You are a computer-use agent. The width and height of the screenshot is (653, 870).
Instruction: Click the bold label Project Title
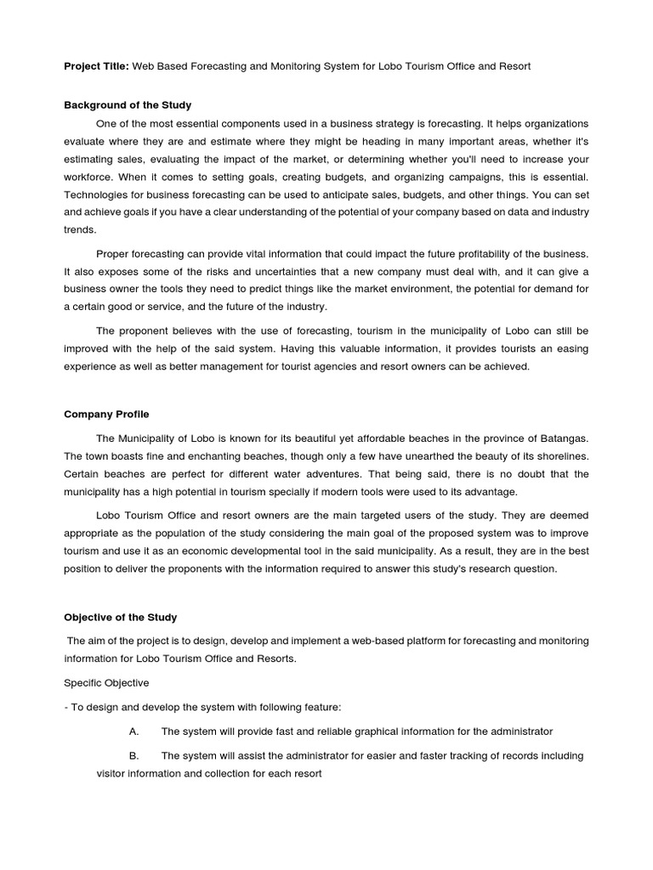(x=96, y=66)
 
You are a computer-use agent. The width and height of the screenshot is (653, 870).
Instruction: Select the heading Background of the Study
(x=128, y=105)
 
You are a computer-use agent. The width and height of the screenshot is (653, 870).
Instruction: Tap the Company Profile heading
(x=106, y=415)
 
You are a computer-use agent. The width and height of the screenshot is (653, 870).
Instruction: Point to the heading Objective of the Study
(x=121, y=617)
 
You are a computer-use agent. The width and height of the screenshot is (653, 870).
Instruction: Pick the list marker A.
(x=133, y=731)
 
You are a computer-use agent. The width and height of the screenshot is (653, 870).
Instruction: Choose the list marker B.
(x=133, y=755)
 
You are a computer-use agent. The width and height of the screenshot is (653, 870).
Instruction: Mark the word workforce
(x=88, y=177)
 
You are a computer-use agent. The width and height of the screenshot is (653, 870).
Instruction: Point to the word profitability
(x=476, y=254)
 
